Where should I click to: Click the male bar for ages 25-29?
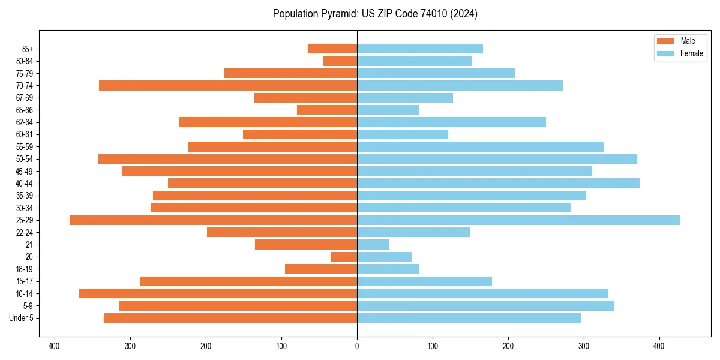pos(213,220)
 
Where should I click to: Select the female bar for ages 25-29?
pos(518,220)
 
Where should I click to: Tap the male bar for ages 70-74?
pos(228,86)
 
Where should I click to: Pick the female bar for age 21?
pos(373,245)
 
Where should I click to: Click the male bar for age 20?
pos(344,257)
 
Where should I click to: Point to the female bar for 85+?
pos(420,49)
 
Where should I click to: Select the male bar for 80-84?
pos(340,61)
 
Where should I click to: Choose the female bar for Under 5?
pos(469,318)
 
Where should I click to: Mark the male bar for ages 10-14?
pos(218,293)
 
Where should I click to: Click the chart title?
pos(375,14)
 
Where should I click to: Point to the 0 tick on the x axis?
pos(357,346)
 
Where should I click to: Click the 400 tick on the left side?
pos(55,346)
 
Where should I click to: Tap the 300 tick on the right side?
pos(584,346)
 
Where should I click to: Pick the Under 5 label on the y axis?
pos(21,318)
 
